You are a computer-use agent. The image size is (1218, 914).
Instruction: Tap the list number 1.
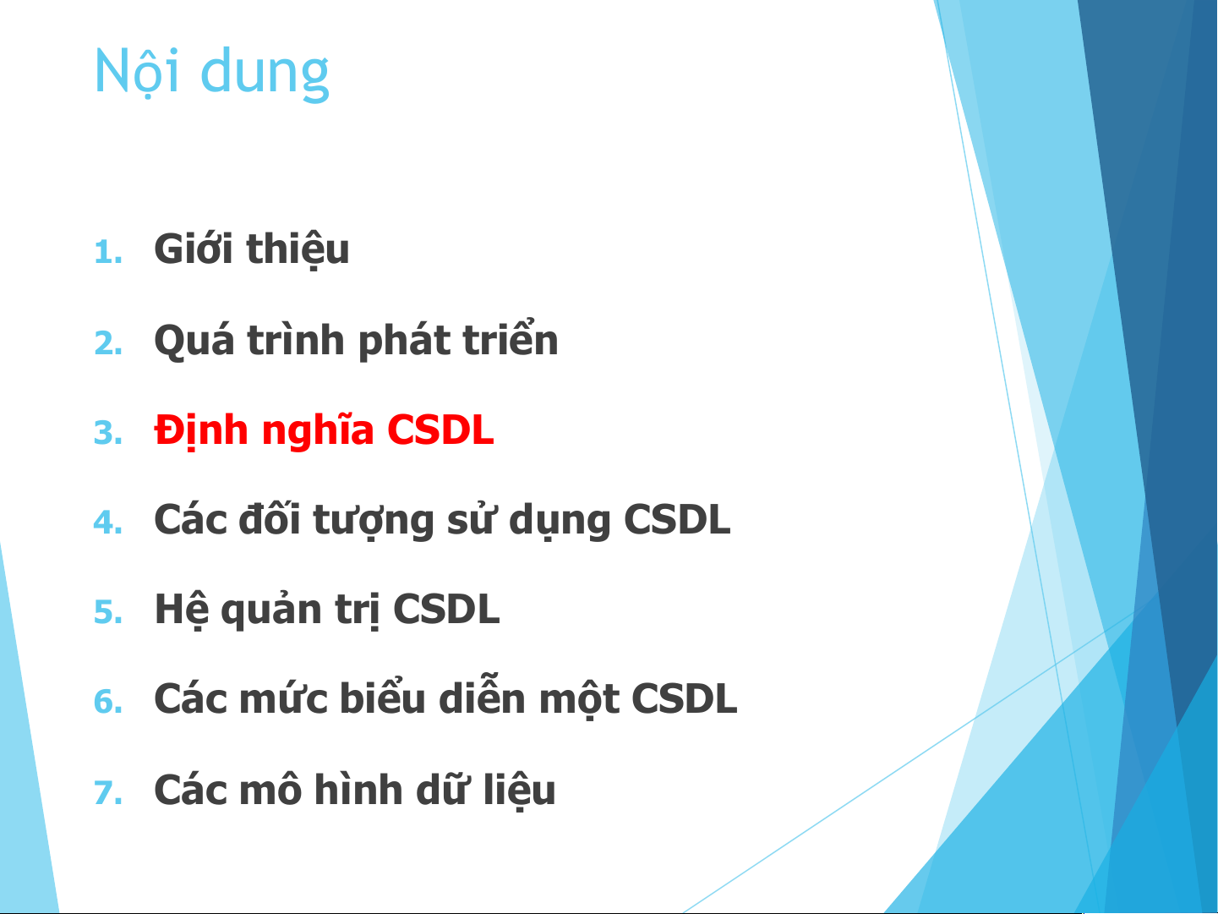pyautogui.click(x=108, y=252)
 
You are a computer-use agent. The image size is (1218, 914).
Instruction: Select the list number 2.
pyautogui.click(x=108, y=342)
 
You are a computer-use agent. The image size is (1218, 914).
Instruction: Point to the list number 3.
pyautogui.click(x=108, y=433)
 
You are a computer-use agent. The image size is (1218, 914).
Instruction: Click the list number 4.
pyautogui.click(x=108, y=523)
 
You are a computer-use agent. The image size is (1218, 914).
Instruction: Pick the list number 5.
pyautogui.click(x=108, y=612)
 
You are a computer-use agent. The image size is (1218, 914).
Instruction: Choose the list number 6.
pyautogui.click(x=108, y=702)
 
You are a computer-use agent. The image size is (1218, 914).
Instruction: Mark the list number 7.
pyautogui.click(x=108, y=792)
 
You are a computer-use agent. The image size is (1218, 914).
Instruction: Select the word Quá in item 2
pyautogui.click(x=194, y=341)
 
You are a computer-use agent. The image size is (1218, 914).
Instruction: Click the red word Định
pyautogui.click(x=201, y=431)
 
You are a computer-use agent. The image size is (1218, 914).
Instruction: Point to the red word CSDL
pyautogui.click(x=440, y=430)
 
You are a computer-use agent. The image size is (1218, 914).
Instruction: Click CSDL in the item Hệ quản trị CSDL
pyautogui.click(x=446, y=610)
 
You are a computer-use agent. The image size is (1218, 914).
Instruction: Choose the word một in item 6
pyautogui.click(x=579, y=699)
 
